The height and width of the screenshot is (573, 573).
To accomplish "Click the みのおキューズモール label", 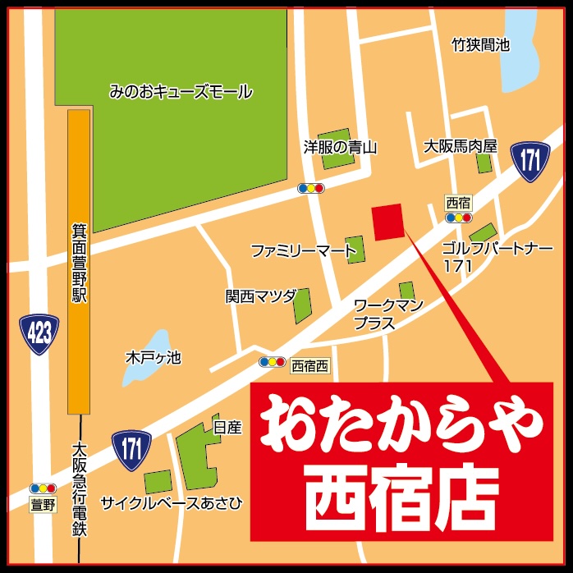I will [x=181, y=92].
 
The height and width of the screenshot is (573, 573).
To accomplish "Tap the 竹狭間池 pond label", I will [x=481, y=45].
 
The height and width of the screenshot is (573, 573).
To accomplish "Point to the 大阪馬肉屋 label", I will [x=461, y=147].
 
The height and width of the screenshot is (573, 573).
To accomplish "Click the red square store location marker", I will [x=388, y=222].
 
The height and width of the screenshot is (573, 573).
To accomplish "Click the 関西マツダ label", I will [x=260, y=296].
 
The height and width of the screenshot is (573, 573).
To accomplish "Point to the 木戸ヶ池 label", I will [x=153, y=358].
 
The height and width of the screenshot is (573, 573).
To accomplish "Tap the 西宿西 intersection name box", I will [x=309, y=364].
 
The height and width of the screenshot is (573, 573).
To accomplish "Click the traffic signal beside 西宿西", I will [x=272, y=362].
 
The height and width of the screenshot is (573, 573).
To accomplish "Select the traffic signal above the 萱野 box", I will [x=43, y=488].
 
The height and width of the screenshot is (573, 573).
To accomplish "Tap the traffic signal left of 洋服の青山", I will [x=311, y=188].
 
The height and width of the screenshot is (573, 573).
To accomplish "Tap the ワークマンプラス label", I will [x=388, y=314].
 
